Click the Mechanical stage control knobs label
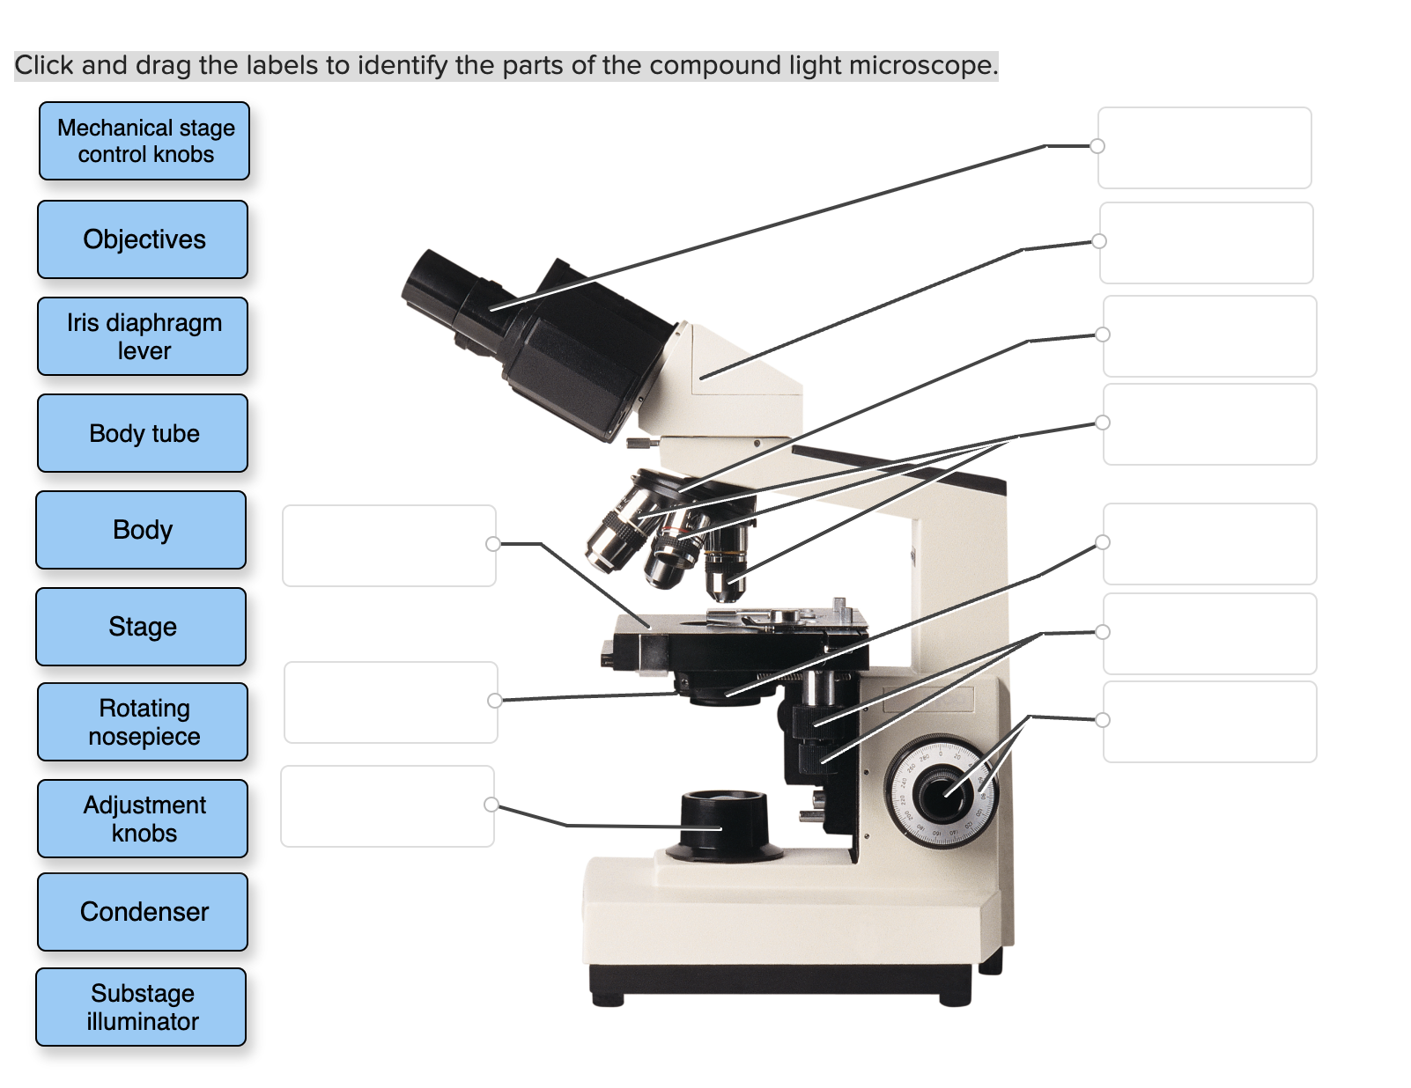(144, 141)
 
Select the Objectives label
(143, 239)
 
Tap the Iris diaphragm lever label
(143, 336)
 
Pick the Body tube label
(143, 433)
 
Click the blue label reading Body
(141, 530)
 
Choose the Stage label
(141, 627)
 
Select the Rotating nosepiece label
(143, 722)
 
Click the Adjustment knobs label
(143, 819)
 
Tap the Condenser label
(143, 912)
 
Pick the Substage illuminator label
(141, 1007)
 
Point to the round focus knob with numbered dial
(941, 790)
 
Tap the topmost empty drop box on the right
(1204, 148)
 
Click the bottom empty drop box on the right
(1209, 722)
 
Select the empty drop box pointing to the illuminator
(388, 806)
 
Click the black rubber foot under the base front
(608, 1000)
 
